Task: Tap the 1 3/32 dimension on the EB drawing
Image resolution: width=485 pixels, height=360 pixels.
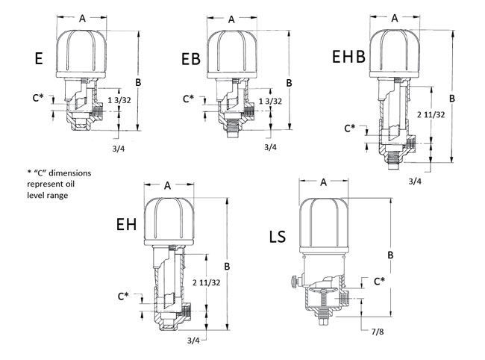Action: pos(270,101)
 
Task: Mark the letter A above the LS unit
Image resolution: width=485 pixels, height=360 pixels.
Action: pos(324,181)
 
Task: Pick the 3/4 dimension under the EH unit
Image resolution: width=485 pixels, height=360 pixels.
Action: pos(193,341)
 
